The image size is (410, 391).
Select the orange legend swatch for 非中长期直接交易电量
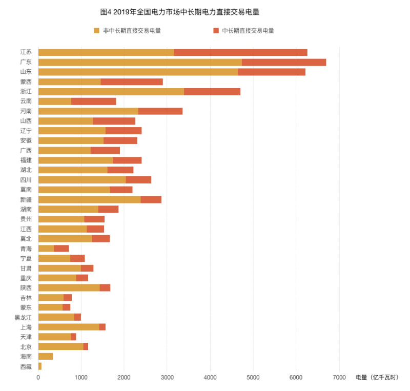(x=96, y=31)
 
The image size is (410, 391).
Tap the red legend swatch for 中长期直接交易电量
(x=216, y=31)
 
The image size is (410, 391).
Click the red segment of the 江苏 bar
(x=240, y=52)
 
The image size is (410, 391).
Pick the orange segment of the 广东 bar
(x=140, y=62)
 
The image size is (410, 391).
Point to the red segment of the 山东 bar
(x=272, y=72)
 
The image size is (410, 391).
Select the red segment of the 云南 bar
(x=93, y=101)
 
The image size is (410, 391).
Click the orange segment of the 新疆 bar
(x=89, y=199)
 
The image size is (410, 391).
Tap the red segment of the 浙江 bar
(x=212, y=91)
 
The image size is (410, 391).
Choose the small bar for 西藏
(x=40, y=366)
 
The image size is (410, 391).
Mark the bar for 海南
(x=46, y=356)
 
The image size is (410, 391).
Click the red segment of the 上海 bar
(x=102, y=327)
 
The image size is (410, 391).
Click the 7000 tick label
(x=339, y=378)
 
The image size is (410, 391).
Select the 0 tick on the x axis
(x=38, y=378)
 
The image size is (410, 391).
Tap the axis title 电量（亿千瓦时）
(x=377, y=378)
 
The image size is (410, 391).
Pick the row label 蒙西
(x=26, y=81)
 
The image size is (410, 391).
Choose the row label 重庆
(x=26, y=278)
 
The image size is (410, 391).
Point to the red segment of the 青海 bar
(x=61, y=249)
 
